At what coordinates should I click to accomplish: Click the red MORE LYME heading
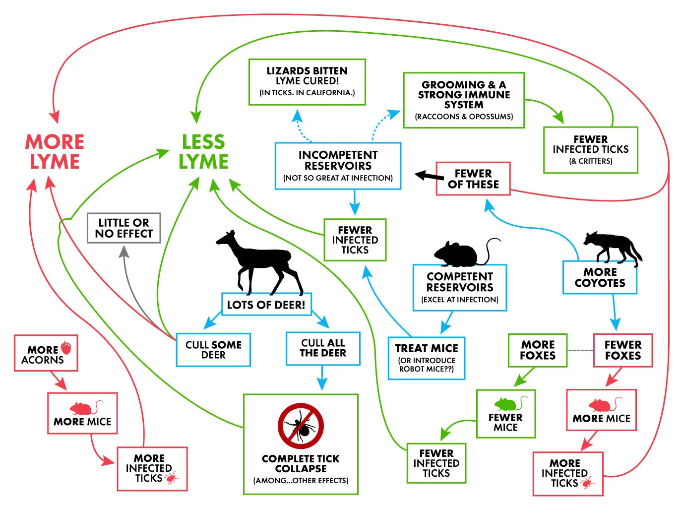tap(54, 151)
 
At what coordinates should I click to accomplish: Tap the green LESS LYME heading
tap(203, 151)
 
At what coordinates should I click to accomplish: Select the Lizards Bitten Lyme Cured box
tap(307, 82)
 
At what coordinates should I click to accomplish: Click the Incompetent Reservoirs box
tap(338, 166)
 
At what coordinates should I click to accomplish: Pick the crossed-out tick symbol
tap(301, 426)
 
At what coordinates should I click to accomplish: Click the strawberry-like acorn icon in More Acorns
tap(66, 348)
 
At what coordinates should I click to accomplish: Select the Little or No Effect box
tap(124, 228)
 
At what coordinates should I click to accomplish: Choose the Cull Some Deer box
tap(213, 350)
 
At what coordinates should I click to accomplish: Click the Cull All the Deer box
tap(323, 348)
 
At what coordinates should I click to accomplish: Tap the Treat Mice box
tap(427, 358)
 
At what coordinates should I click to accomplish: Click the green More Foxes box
tap(538, 350)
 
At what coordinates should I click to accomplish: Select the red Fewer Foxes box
tap(623, 350)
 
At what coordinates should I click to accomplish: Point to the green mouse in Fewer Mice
tap(507, 403)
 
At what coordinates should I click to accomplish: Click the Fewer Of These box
tap(473, 179)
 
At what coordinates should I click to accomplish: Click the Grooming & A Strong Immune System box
tap(464, 100)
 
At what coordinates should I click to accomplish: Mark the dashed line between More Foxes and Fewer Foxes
tap(580, 350)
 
